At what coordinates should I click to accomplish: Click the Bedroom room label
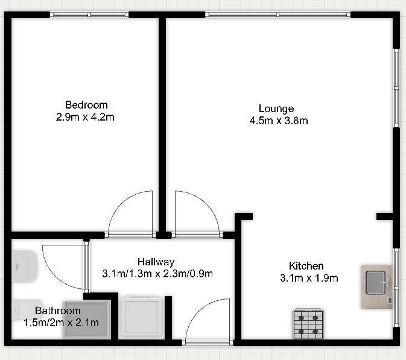click(x=86, y=104)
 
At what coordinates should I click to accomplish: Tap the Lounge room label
click(x=276, y=109)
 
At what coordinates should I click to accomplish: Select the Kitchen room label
click(x=306, y=266)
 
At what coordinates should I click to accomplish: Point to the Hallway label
click(x=156, y=262)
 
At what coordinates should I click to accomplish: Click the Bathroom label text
click(x=57, y=311)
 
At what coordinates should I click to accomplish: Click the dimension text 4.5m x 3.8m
click(x=279, y=121)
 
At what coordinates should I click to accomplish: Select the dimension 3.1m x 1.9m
click(x=308, y=278)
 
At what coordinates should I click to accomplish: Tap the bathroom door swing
click(x=63, y=265)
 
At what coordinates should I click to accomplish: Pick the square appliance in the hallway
click(x=142, y=315)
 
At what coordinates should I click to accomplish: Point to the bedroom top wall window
click(x=89, y=14)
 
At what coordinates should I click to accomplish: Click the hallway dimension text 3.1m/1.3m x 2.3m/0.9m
click(x=157, y=274)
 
